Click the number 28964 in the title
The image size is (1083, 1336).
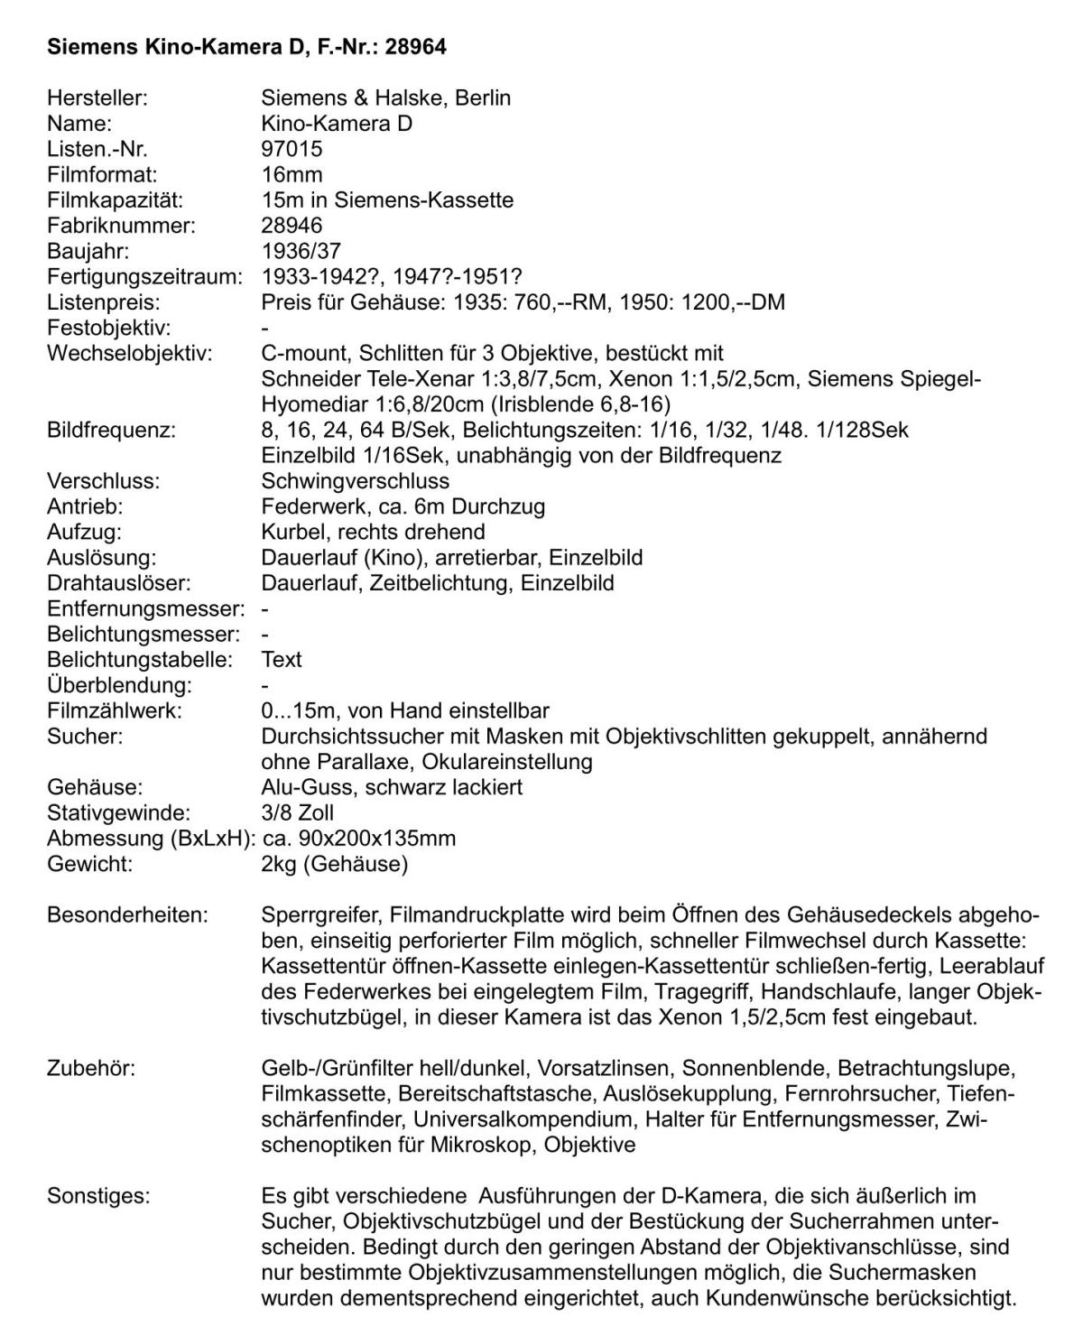coord(415,47)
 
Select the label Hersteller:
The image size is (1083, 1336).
coord(97,97)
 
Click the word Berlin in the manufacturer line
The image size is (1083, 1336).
coord(483,97)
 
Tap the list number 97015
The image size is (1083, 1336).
coord(292,149)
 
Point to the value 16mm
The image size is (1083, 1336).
coord(292,174)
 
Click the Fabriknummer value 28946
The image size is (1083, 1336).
coord(292,225)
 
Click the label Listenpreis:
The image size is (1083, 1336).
coord(103,302)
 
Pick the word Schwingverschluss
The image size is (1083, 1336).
coord(355,480)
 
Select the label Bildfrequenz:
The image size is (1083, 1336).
coord(112,429)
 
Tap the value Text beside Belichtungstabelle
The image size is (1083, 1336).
coord(282,659)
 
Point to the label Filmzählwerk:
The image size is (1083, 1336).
coord(115,710)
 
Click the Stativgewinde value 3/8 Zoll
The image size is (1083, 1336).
coord(298,812)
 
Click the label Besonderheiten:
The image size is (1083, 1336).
coord(127,914)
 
